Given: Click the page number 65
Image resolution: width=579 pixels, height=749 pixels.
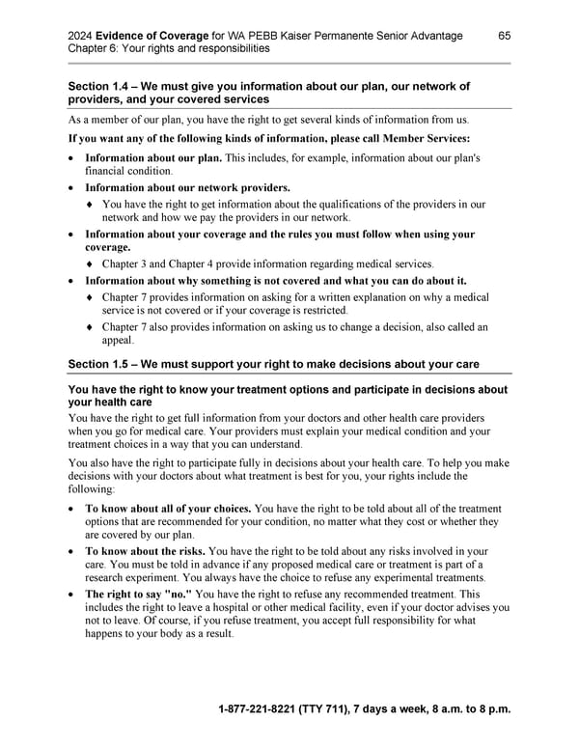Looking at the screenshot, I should pos(505,36).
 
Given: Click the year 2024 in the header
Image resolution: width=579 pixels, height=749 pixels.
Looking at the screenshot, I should pos(84,36).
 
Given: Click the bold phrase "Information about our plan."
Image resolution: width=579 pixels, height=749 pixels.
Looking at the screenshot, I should pos(153,157).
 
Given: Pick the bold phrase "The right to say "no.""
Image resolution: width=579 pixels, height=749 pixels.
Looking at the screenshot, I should pos(139,594).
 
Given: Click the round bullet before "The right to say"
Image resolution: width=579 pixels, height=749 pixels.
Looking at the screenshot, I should pos(72,595).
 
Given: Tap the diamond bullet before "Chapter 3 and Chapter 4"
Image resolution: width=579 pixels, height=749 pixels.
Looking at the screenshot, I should pos(91,264).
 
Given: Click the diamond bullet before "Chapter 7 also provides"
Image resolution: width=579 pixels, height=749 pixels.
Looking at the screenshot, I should pos(91,327).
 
